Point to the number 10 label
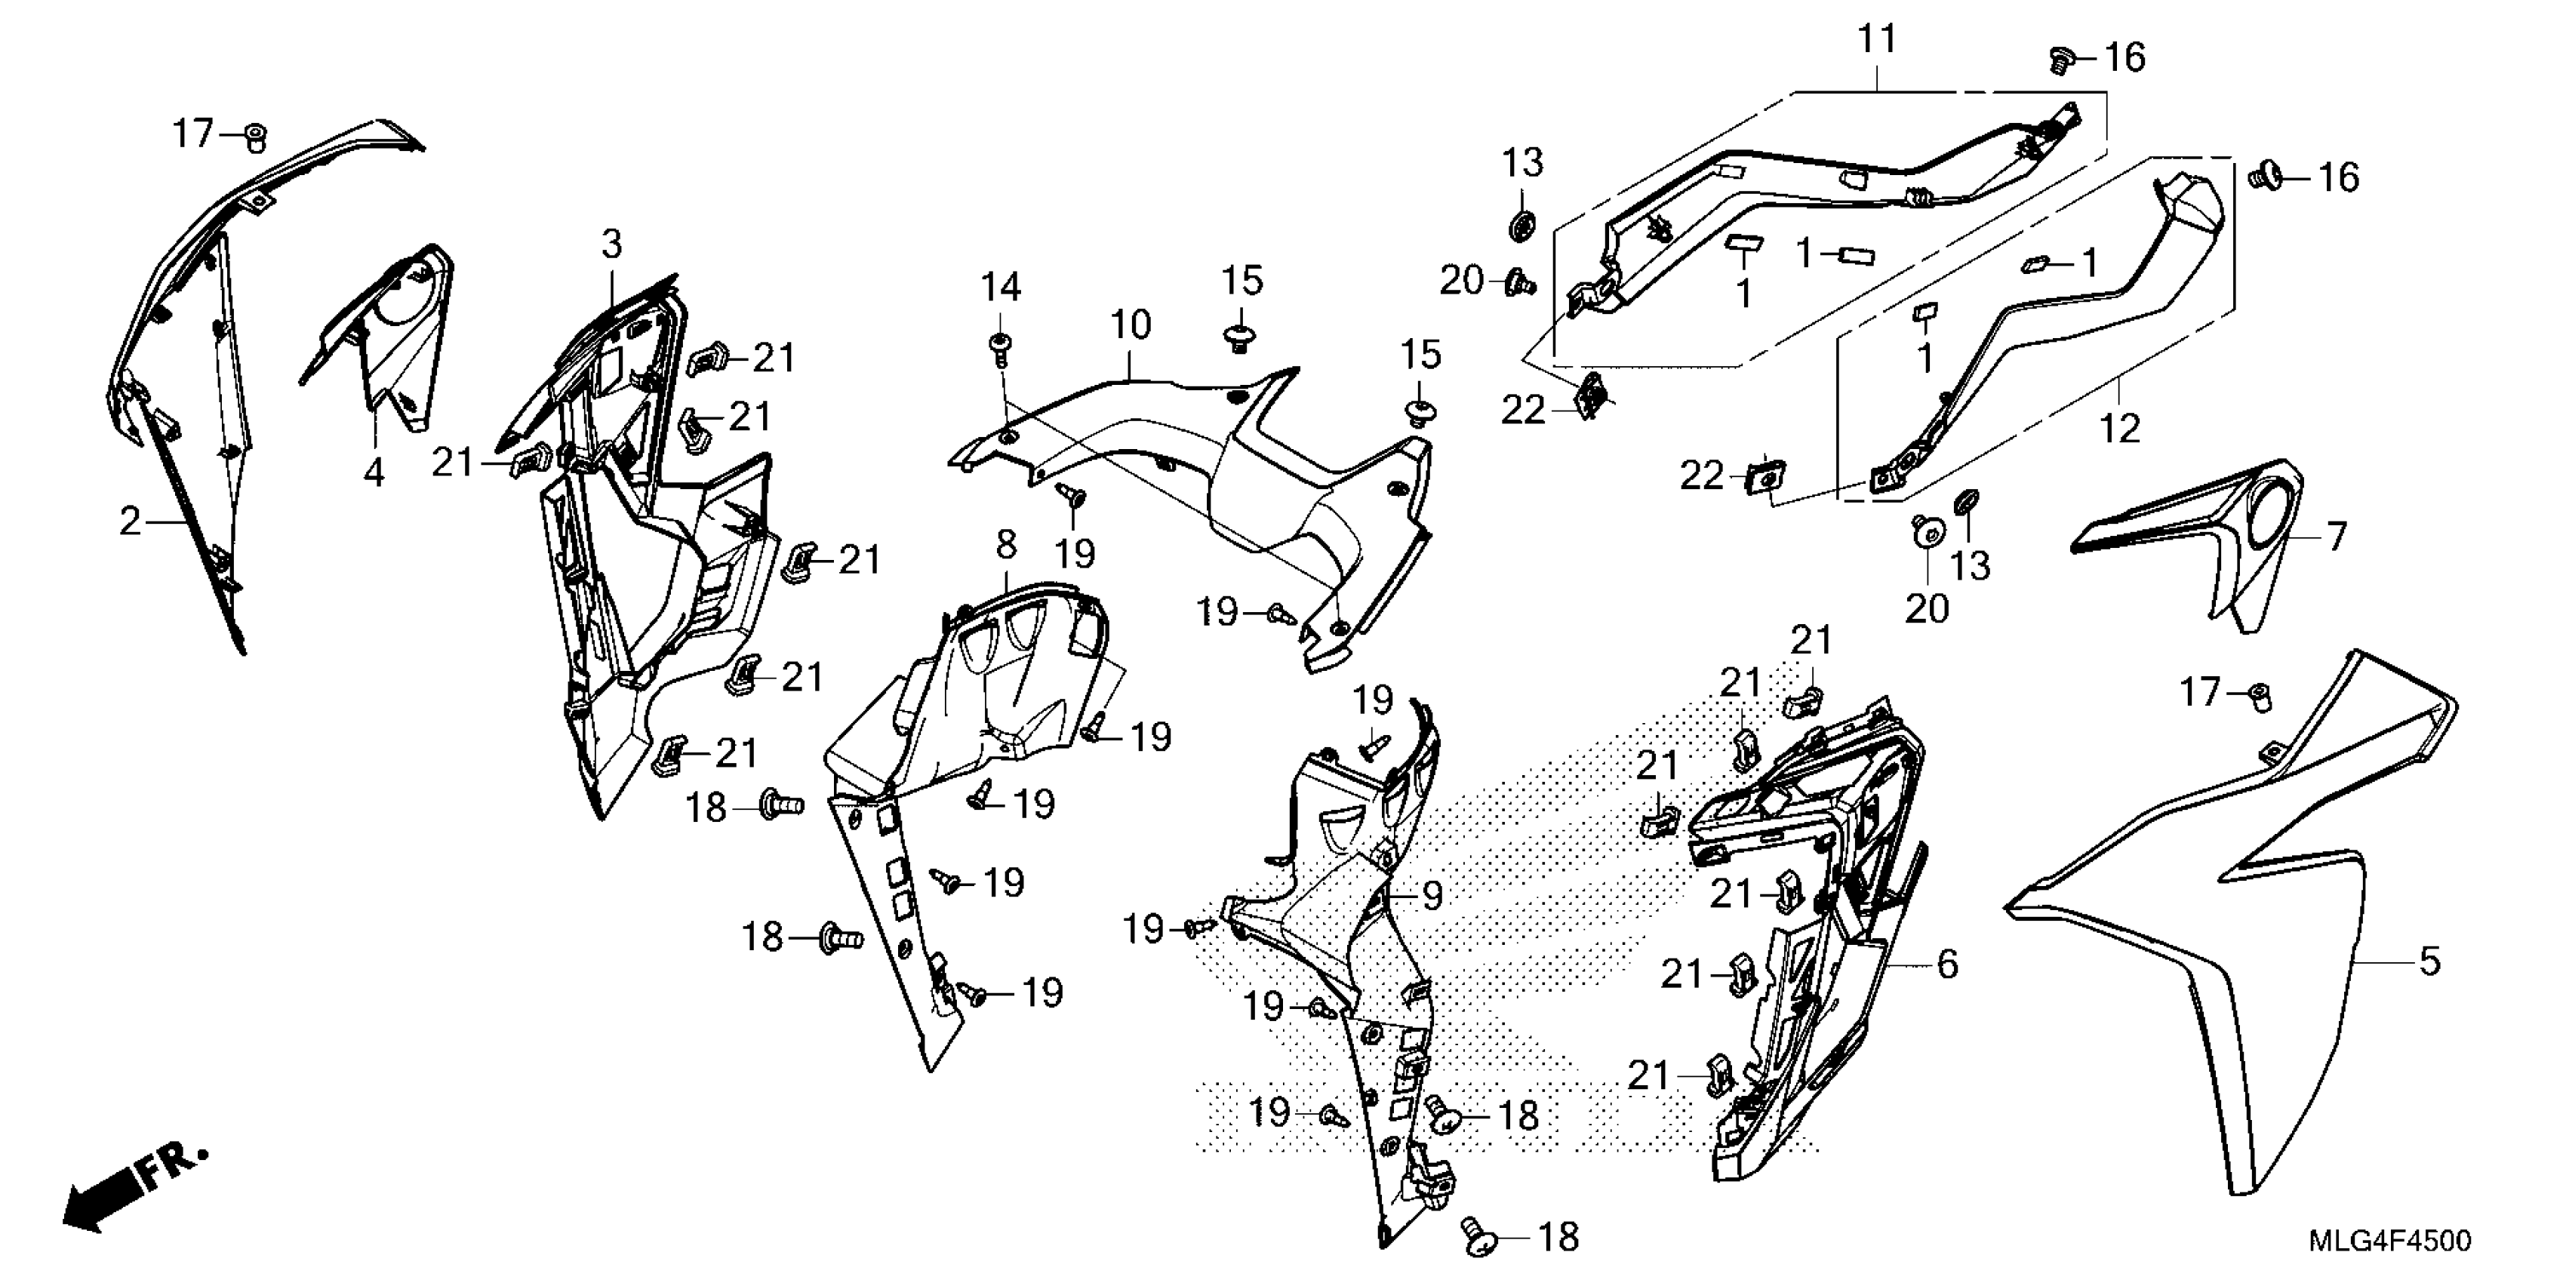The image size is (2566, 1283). click(1131, 325)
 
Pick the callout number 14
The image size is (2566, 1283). click(1000, 288)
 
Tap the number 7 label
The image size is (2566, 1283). click(2337, 537)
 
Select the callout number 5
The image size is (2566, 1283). click(2429, 961)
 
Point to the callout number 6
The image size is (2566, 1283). click(1947, 965)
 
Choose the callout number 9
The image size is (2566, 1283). click(1432, 897)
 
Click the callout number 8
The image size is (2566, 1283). click(1006, 544)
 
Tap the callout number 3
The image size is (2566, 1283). click(611, 244)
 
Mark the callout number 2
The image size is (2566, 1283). click(130, 521)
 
